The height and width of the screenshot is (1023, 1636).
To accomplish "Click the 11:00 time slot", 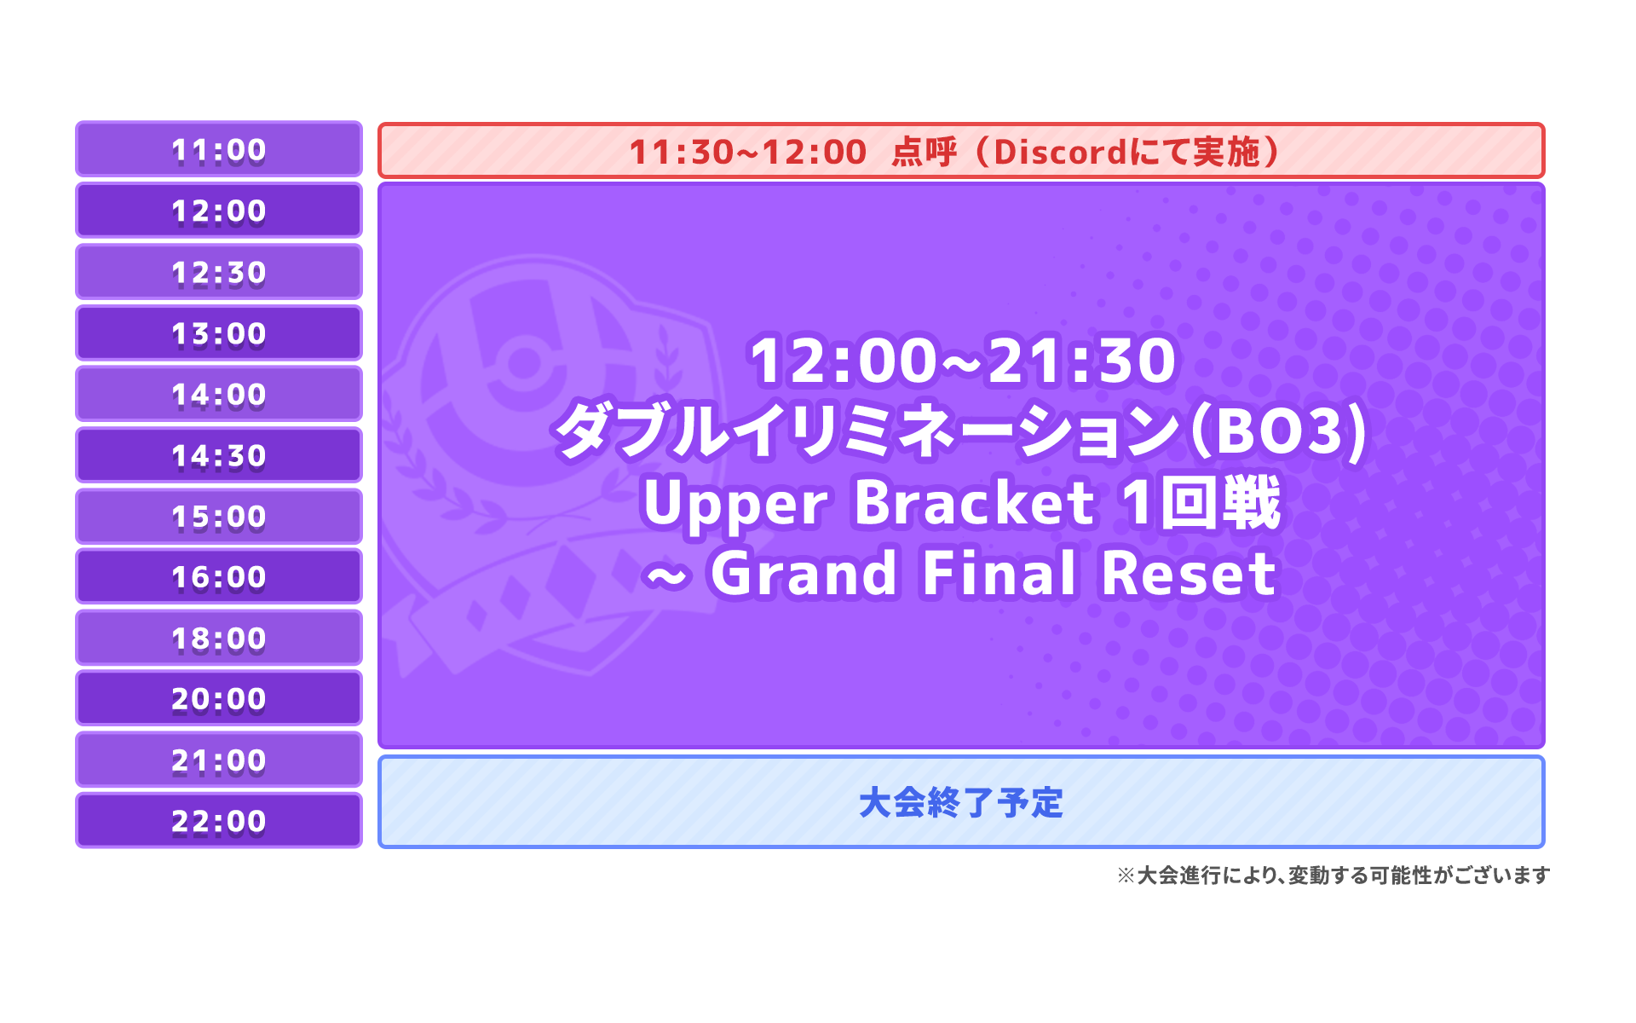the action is [219, 149].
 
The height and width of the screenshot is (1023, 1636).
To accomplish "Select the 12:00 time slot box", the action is [219, 210].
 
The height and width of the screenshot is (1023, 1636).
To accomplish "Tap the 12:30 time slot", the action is [219, 271].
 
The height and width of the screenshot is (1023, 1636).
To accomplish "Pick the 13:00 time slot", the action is [219, 332].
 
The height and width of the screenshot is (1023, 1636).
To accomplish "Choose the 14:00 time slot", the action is [219, 394].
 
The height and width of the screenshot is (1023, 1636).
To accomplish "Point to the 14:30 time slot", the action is [219, 454].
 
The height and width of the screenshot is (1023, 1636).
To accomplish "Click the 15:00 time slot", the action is [219, 516].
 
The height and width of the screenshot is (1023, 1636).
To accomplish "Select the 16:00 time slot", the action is [219, 576].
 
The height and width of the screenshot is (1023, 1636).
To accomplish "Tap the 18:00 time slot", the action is [219, 638].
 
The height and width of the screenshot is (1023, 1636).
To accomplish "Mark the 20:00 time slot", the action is [219, 698].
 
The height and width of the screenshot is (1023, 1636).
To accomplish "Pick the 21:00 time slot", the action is [219, 760].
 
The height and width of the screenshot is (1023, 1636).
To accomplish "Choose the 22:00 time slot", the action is [219, 820].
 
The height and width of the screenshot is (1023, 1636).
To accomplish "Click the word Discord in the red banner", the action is [1061, 153].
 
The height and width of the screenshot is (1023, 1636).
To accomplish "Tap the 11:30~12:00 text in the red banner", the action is [747, 153].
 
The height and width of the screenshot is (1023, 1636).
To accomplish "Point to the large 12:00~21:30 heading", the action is [962, 361].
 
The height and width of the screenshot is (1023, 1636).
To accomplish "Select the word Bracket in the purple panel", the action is [974, 502].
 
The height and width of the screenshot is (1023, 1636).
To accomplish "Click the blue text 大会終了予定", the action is [961, 803].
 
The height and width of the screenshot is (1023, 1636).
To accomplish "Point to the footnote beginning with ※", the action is [1334, 876].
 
